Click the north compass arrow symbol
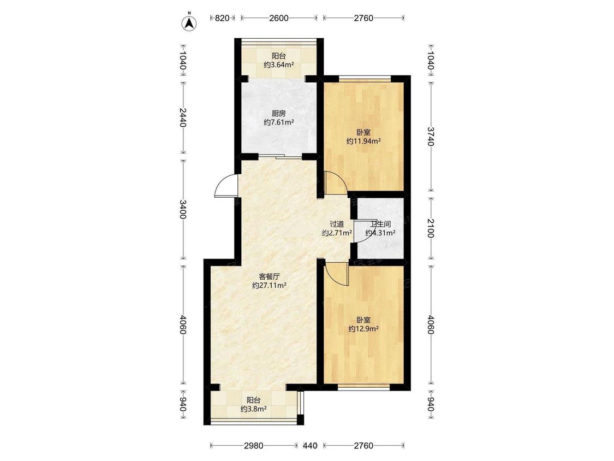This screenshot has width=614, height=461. pyautogui.click(x=189, y=23)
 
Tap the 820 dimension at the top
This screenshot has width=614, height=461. pyautogui.click(x=222, y=17)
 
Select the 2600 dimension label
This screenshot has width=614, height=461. pyautogui.click(x=278, y=17)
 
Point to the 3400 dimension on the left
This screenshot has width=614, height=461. pyautogui.click(x=182, y=209)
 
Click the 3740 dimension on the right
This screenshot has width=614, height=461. pyautogui.click(x=431, y=136)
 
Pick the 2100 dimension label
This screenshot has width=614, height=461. pyautogui.click(x=431, y=228)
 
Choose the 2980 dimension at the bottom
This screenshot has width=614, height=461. pyautogui.click(x=253, y=446)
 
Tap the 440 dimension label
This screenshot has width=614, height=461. pyautogui.click(x=310, y=446)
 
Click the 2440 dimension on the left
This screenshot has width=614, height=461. pyautogui.click(x=182, y=117)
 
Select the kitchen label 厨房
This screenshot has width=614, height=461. pyautogui.click(x=278, y=114)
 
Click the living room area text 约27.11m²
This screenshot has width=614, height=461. pyautogui.click(x=269, y=285)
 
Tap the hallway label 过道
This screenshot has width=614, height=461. pyautogui.click(x=337, y=224)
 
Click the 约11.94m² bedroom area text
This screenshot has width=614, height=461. pyautogui.click(x=364, y=141)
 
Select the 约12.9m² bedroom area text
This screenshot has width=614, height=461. pyautogui.click(x=364, y=329)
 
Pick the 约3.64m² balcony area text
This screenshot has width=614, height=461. pyautogui.click(x=279, y=64)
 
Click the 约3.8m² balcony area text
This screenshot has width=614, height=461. pyautogui.click(x=254, y=409)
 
